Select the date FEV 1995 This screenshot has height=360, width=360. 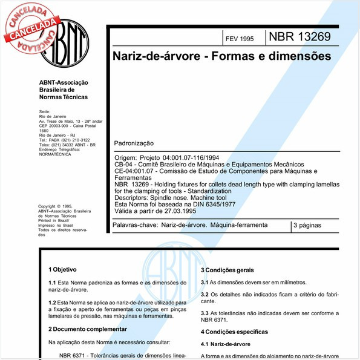[x=239, y=38]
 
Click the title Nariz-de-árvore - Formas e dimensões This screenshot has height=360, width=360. [x=221, y=56]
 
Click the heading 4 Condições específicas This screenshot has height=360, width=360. [x=234, y=332]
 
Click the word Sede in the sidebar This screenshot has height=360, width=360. [x=44, y=112]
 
